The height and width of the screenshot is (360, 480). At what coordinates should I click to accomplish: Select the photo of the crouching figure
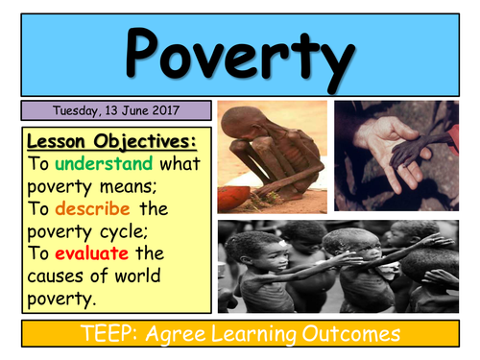coord(273,156)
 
